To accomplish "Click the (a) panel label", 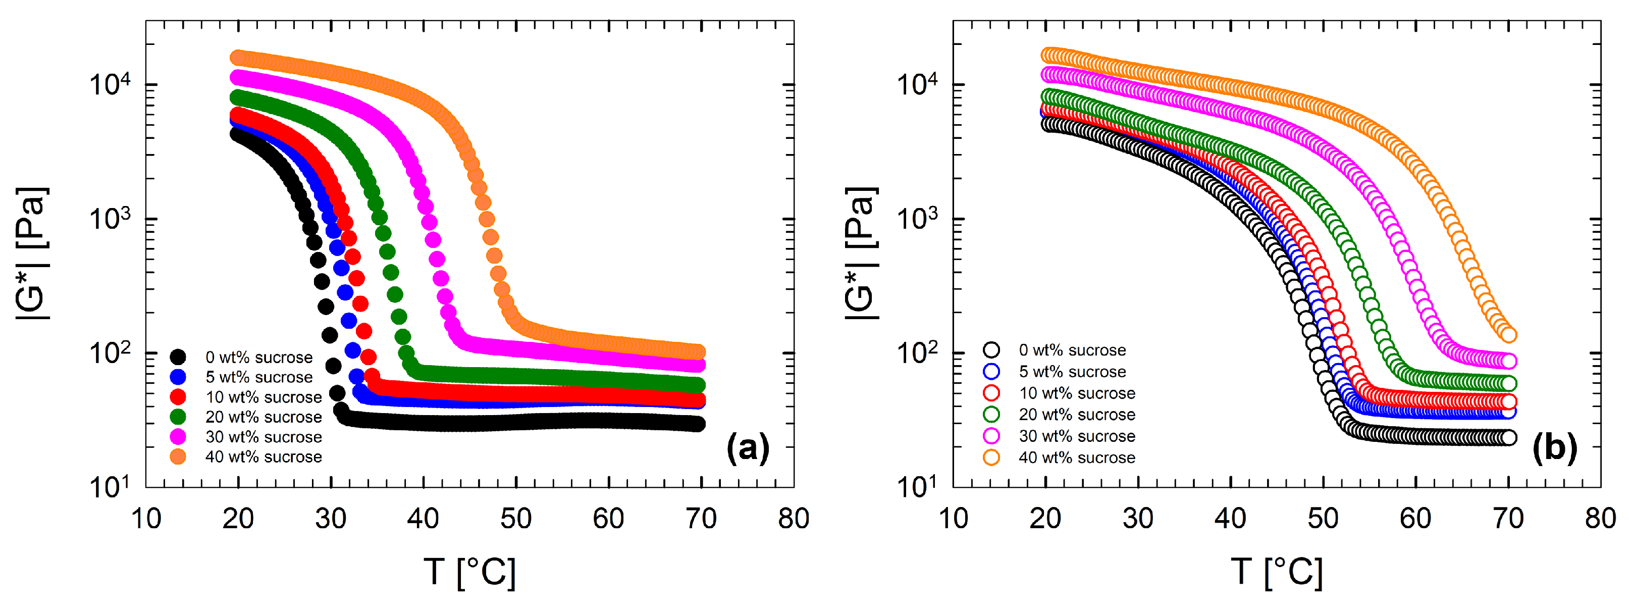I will tap(748, 448).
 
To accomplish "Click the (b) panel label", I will tap(1554, 448).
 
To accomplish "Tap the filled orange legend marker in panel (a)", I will tap(178, 456).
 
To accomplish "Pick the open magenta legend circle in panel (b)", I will tap(991, 436).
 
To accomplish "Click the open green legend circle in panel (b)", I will tap(991, 414).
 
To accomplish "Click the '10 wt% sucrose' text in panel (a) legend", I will tap(263, 397).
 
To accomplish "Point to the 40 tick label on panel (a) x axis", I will tap(423, 519).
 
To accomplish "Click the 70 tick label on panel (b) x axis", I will tap(1508, 519).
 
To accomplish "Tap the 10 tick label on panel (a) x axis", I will tap(146, 519).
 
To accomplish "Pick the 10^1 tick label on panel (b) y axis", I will tap(917, 487).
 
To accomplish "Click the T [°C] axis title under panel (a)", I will tap(469, 572).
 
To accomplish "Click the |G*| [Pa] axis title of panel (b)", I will tap(861, 253).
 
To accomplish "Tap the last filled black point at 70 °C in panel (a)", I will tap(698, 424).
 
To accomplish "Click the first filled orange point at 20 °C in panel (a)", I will tap(238, 58).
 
